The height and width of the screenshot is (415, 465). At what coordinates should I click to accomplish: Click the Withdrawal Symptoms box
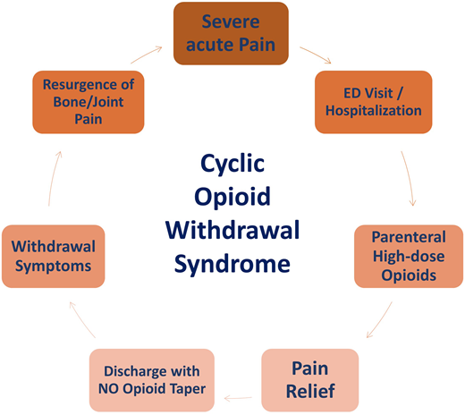pos(55,255)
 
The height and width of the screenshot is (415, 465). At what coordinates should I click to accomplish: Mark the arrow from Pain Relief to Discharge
pos(237,396)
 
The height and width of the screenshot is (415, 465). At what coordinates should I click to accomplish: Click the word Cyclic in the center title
pos(232,167)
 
